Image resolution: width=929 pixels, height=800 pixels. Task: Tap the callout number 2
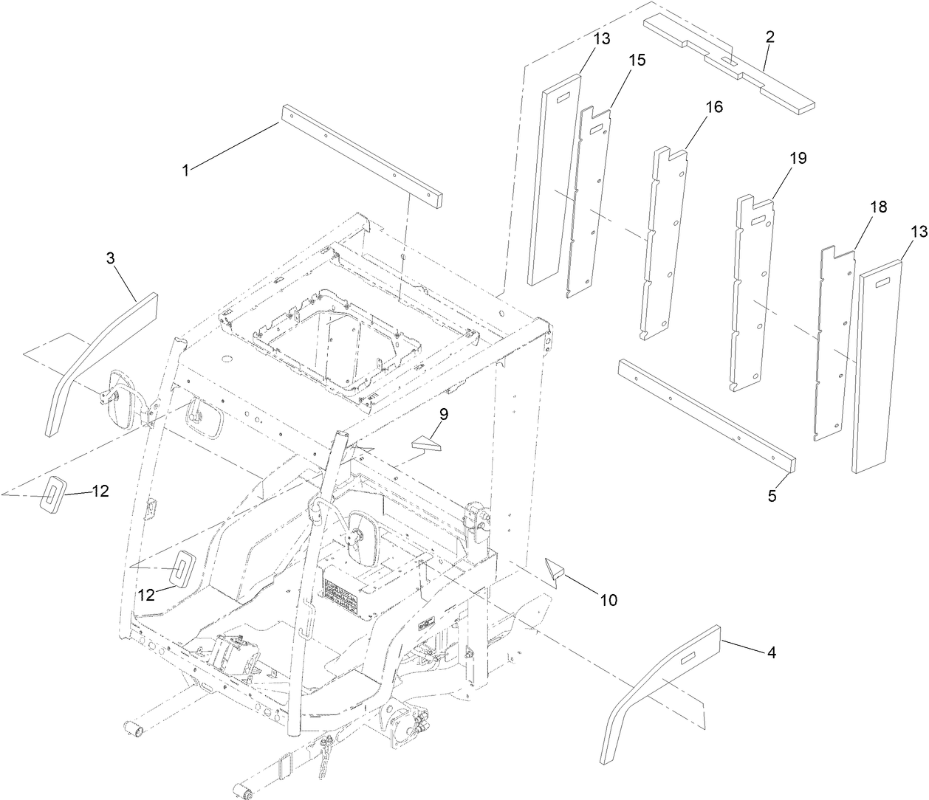point(769,38)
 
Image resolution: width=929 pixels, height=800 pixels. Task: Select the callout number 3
point(110,258)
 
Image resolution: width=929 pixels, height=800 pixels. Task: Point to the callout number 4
point(771,652)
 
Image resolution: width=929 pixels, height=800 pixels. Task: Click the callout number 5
point(772,496)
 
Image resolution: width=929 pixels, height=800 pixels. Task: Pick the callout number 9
point(443,415)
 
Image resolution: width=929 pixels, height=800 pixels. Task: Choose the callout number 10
point(608,600)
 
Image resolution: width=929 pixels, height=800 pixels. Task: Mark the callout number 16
point(713,106)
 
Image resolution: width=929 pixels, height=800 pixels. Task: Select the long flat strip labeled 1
point(361,156)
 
